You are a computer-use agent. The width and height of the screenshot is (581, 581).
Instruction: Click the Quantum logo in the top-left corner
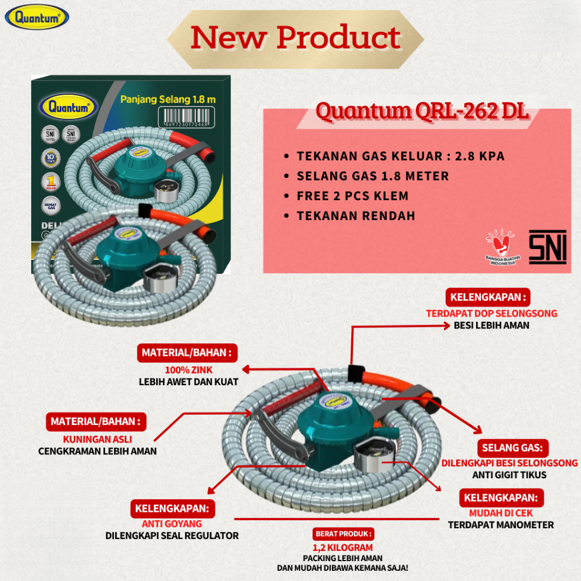click(37, 17)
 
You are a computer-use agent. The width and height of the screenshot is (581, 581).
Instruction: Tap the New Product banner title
click(296, 37)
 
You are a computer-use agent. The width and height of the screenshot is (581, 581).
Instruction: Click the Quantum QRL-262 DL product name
click(422, 112)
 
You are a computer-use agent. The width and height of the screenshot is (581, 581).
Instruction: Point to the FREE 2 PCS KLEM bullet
click(352, 196)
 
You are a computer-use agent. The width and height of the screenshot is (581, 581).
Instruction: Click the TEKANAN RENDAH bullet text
click(356, 216)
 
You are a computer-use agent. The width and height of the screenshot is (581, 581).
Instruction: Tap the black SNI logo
click(547, 247)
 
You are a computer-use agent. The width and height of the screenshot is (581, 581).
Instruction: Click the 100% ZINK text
click(181, 370)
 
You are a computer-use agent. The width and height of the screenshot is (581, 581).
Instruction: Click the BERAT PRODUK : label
click(343, 534)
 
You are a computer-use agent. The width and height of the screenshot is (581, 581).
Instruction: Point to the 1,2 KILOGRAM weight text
click(343, 548)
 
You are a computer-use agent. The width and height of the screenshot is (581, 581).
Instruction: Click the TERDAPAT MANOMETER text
click(500, 525)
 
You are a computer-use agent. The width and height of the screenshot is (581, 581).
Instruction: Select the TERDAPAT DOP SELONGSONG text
click(491, 313)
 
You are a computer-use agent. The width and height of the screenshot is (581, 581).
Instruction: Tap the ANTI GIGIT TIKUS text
click(509, 475)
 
